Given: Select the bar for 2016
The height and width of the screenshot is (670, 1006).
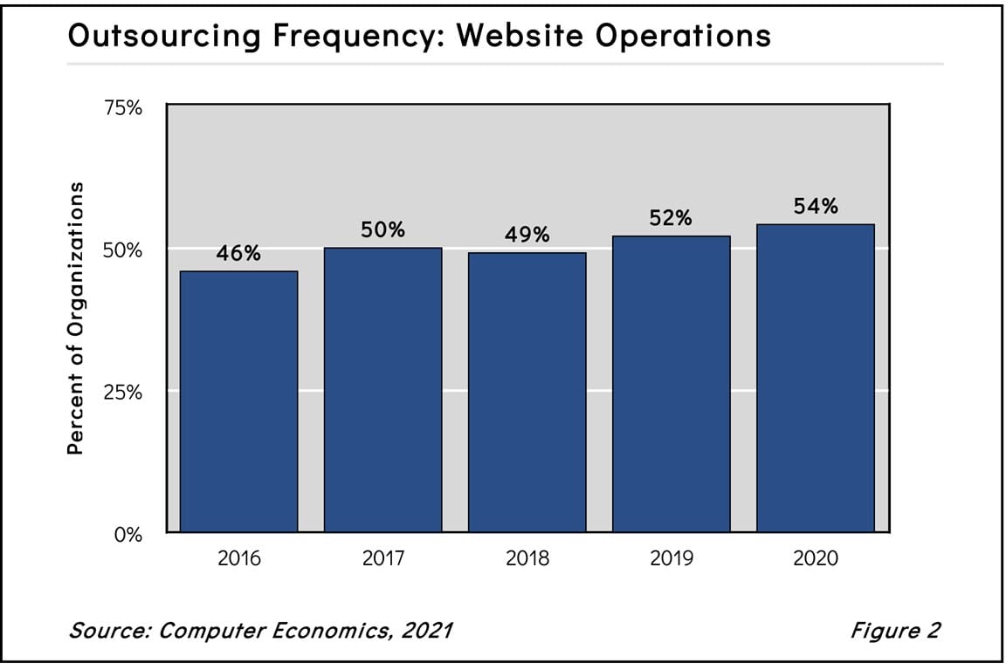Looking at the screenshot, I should (x=238, y=401).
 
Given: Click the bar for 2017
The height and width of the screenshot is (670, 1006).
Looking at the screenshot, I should (x=382, y=390).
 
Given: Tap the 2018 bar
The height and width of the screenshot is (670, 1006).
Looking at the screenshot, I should (x=527, y=393).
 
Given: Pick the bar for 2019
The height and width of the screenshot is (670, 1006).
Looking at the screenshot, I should (x=671, y=384).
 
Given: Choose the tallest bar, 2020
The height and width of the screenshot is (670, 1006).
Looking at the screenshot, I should (x=815, y=378).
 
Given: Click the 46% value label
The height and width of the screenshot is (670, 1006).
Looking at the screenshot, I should (x=238, y=254).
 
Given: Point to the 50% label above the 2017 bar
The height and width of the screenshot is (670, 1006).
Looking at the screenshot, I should (x=382, y=230).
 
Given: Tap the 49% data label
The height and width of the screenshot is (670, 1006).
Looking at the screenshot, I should (x=527, y=236).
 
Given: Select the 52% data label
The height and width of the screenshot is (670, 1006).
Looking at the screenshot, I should (x=671, y=219).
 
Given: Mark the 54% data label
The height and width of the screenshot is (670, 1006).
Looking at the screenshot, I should (x=815, y=207).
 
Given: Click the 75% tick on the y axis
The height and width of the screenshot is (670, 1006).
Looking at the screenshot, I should (x=122, y=108).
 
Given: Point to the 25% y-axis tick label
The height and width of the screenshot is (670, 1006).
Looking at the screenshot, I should (x=122, y=392).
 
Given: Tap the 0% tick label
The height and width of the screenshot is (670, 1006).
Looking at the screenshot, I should (x=127, y=534).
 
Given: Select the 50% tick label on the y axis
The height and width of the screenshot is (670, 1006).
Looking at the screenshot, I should (x=122, y=250).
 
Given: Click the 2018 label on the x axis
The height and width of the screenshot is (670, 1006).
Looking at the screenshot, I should (x=527, y=558).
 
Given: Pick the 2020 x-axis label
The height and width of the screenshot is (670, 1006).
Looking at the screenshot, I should (x=815, y=558).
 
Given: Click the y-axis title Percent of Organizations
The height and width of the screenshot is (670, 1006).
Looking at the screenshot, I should (x=77, y=318).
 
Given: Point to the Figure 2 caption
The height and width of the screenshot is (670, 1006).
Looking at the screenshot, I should (x=895, y=630).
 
